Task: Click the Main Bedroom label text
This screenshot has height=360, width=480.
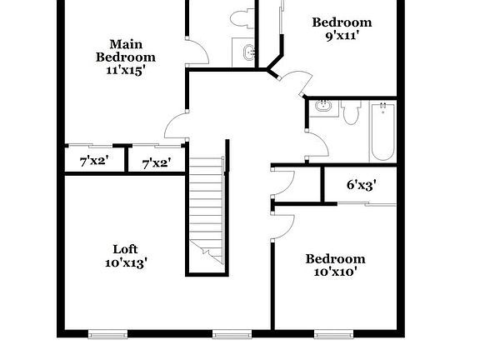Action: click(x=125, y=51)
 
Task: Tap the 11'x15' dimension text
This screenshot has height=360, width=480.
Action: click(x=125, y=71)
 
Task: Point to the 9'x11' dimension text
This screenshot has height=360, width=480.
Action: click(x=342, y=36)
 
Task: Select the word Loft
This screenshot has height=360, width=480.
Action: click(x=126, y=248)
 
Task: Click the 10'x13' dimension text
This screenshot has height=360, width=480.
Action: click(x=126, y=263)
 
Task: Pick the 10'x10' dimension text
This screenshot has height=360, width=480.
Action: click(x=335, y=272)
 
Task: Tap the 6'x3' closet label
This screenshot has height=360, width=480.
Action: click(x=361, y=185)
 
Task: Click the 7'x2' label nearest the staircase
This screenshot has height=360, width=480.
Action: click(x=157, y=162)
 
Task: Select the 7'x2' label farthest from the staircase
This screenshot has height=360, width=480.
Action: click(x=94, y=162)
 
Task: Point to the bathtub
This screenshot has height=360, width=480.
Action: click(x=382, y=132)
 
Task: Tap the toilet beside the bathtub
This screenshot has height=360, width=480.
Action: click(x=351, y=111)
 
